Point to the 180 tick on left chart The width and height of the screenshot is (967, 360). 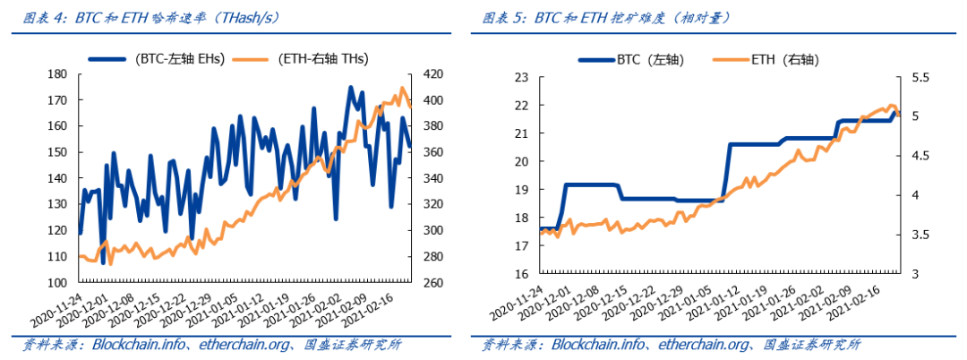click(x=57, y=74)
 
